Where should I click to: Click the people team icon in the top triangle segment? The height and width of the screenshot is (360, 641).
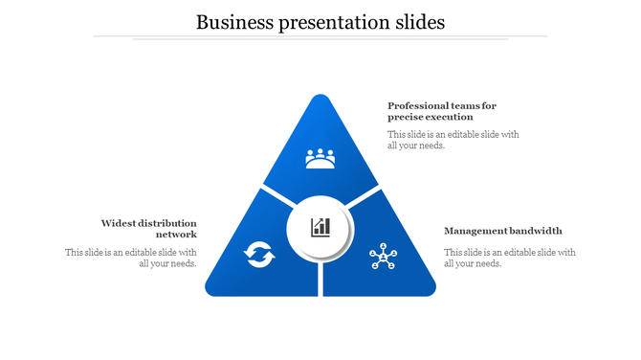(x=320, y=157)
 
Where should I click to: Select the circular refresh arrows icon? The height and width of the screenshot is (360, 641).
(x=259, y=255)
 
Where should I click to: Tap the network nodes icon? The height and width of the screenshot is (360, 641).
(x=383, y=257)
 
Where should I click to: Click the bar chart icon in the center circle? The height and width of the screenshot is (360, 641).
(x=320, y=228)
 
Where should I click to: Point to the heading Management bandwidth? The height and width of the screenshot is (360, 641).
(x=503, y=231)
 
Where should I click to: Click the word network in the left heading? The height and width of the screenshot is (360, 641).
(x=177, y=235)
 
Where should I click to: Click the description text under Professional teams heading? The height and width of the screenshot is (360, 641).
(x=453, y=140)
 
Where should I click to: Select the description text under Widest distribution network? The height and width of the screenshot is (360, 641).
(x=131, y=258)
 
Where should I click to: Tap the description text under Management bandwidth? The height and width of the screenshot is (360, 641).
(x=509, y=258)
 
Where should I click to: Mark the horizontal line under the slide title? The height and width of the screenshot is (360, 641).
(x=320, y=37)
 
